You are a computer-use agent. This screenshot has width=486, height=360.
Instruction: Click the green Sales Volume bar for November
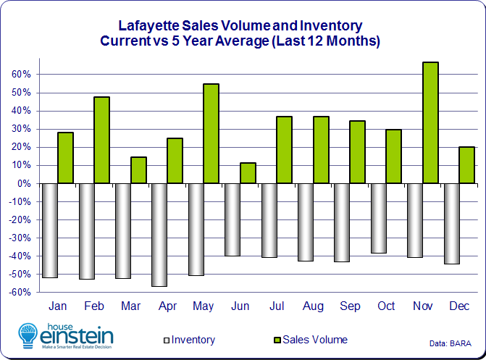click(430, 122)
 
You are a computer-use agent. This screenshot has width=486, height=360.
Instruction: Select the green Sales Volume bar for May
click(211, 133)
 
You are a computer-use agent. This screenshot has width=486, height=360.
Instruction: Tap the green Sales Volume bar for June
click(248, 173)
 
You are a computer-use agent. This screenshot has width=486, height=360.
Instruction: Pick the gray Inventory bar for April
click(159, 235)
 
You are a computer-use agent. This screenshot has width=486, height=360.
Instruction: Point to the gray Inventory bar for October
click(379, 218)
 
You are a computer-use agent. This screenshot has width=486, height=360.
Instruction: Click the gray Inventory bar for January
click(50, 230)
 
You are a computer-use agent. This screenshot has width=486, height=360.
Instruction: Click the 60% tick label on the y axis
click(20, 75)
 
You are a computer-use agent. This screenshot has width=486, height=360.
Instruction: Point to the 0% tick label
click(23, 183)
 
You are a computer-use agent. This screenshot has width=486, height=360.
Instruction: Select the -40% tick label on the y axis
click(19, 256)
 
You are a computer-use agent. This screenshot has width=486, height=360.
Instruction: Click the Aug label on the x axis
click(314, 306)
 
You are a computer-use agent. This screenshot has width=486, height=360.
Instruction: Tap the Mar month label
click(131, 306)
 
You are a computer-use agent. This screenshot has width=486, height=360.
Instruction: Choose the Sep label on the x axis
click(350, 306)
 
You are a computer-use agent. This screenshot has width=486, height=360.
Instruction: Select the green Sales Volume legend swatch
click(276, 340)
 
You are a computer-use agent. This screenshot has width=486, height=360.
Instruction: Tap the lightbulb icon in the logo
click(28, 335)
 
